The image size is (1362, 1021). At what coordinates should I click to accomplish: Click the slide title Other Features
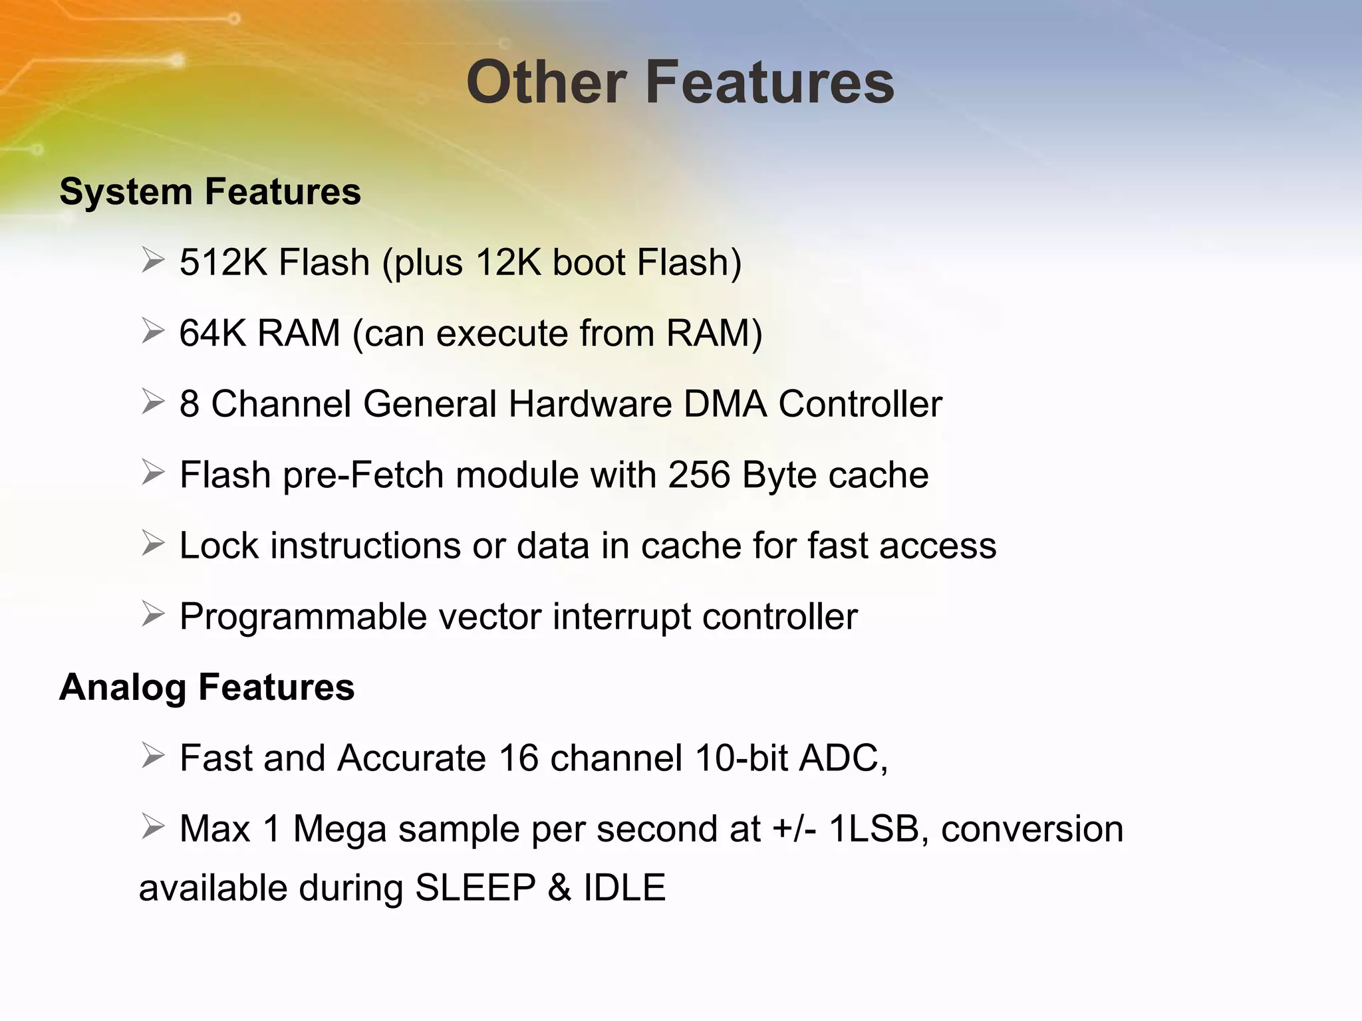680,82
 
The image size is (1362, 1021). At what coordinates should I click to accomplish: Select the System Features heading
210,192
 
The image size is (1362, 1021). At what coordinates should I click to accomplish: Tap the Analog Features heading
207,687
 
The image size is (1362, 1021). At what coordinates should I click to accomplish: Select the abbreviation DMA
725,404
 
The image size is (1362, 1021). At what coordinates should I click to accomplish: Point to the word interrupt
622,618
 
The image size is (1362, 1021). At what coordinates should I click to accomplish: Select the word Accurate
412,758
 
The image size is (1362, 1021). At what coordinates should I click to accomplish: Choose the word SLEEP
475,888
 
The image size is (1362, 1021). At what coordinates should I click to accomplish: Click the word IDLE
624,888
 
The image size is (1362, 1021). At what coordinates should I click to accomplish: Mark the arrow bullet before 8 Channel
153,402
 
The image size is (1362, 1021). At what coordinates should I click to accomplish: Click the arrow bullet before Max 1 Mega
153,828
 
